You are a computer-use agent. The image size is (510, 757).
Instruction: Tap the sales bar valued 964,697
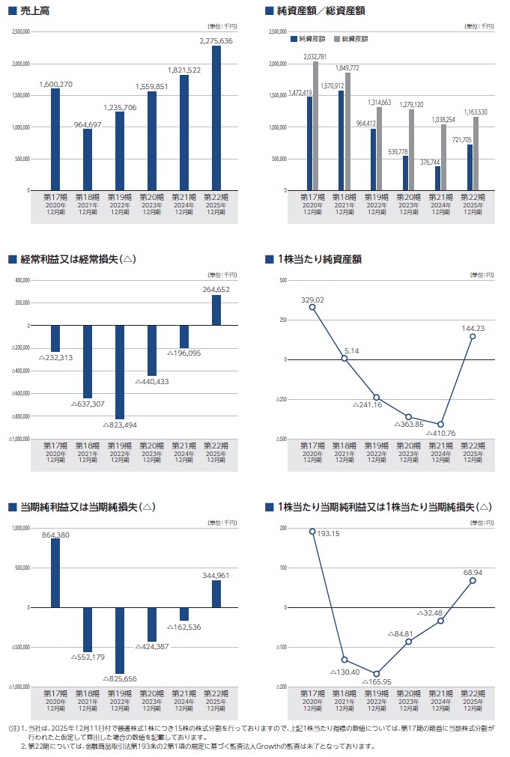[x=88, y=159]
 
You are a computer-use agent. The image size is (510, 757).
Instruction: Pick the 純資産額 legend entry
[x=309, y=38]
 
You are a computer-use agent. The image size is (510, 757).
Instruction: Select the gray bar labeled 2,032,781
[x=315, y=126]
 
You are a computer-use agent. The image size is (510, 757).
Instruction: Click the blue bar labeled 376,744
[x=437, y=178]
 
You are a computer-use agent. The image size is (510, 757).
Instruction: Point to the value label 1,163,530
[x=475, y=112]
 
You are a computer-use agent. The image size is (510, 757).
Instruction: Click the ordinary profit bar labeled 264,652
[x=216, y=310]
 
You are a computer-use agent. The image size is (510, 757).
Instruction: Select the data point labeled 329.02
[x=312, y=307]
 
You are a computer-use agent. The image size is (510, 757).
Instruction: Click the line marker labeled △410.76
[x=440, y=425]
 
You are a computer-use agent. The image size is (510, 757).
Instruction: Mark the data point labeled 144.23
[x=473, y=337]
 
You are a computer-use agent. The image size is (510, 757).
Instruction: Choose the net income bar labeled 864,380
[x=55, y=573]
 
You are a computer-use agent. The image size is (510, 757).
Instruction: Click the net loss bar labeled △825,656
[x=120, y=640]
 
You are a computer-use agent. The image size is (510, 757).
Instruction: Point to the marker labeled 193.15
[x=312, y=531]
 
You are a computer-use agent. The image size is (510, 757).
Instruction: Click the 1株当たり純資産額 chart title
[x=319, y=259]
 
